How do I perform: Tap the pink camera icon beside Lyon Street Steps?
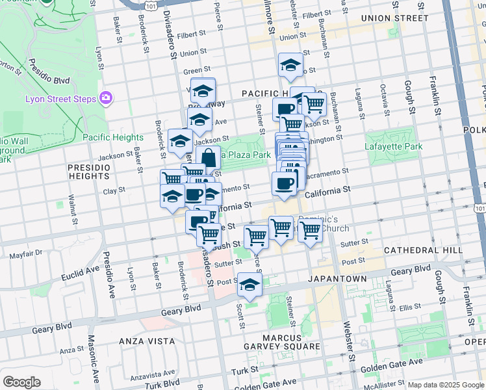[105, 98]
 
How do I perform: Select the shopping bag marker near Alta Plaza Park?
[208, 157]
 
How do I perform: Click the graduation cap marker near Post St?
[249, 284]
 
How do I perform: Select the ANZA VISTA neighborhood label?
[146, 341]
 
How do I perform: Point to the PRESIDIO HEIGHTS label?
[90, 172]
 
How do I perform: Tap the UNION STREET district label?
[394, 18]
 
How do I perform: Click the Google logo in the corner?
[21, 382]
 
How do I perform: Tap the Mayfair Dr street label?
[26, 253]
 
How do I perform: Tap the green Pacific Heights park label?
[113, 137]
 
